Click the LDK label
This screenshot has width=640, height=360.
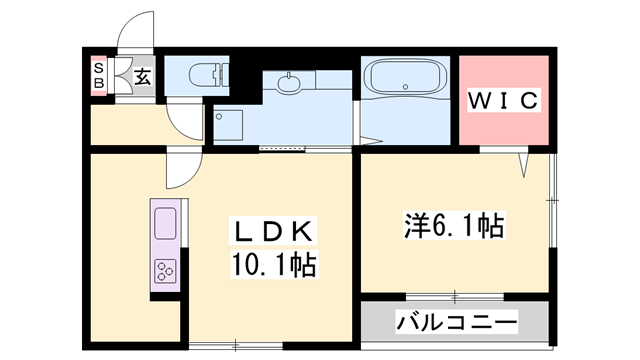[x=273, y=231]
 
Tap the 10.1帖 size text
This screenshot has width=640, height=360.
[x=273, y=264]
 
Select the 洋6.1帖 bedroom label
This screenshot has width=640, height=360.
[x=454, y=225]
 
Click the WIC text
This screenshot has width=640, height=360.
[x=503, y=100]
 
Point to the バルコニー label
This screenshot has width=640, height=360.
[x=456, y=322]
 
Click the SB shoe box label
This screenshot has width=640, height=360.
[x=99, y=76]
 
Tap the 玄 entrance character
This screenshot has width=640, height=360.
[x=143, y=76]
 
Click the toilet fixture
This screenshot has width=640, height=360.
[x=209, y=75]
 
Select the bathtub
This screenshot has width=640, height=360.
[x=405, y=76]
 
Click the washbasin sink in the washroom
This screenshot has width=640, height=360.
[x=289, y=83]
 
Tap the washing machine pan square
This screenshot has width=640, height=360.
[x=228, y=124]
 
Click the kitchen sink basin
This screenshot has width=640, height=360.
[x=165, y=223]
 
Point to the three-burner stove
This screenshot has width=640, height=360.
[x=165, y=271]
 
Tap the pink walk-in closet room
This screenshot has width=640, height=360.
[x=504, y=100]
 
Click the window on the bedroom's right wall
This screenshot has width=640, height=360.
[x=552, y=200]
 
